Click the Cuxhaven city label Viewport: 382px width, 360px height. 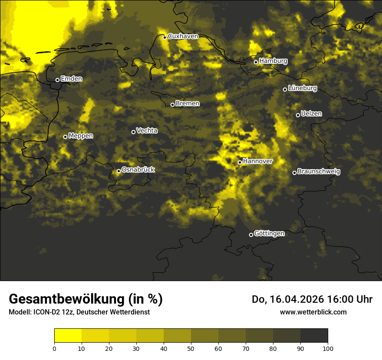(183, 36)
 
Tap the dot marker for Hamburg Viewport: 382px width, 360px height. (256, 62)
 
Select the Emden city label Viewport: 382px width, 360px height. (71, 79)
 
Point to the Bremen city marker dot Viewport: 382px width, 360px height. (172, 105)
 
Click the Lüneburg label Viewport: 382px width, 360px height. (303, 88)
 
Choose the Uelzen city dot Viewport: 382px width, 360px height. (298, 115)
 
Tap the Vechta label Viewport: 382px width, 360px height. (147, 131)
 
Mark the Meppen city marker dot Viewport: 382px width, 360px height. (65, 137)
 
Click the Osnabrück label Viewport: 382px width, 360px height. (138, 170)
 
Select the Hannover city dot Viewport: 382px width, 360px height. (240, 162)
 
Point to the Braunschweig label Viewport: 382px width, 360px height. (319, 172)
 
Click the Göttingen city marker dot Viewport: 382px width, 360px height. (251, 235)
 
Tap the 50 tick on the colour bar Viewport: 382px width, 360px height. (191, 348)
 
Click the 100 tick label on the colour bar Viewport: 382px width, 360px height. (328, 348)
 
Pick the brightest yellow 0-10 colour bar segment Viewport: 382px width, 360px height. (68, 336)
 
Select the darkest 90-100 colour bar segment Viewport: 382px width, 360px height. (314, 336)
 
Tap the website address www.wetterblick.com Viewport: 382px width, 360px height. (313, 312)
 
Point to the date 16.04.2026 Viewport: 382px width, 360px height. (300, 299)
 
